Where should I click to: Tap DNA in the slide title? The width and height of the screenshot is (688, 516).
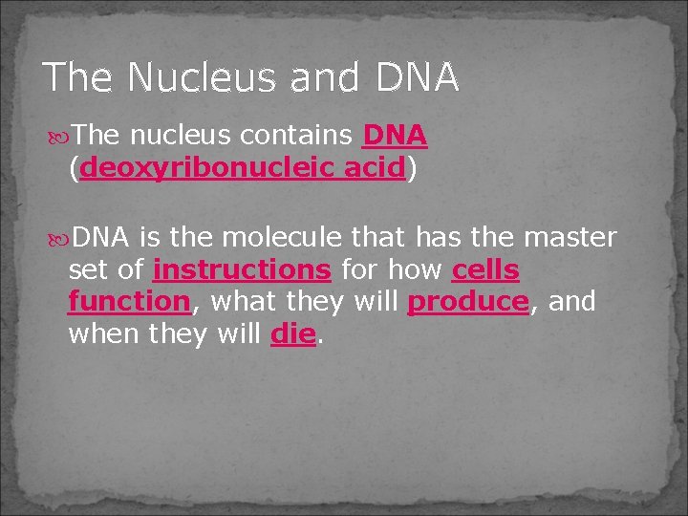418,77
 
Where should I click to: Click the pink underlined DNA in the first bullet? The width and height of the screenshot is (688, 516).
395,139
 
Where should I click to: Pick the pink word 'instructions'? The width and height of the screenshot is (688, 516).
242,270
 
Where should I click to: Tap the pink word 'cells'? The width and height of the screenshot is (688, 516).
485,270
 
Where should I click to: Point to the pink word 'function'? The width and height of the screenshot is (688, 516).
129,302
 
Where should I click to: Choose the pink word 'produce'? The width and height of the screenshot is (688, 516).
467,302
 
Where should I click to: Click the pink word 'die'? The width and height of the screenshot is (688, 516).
292,334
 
